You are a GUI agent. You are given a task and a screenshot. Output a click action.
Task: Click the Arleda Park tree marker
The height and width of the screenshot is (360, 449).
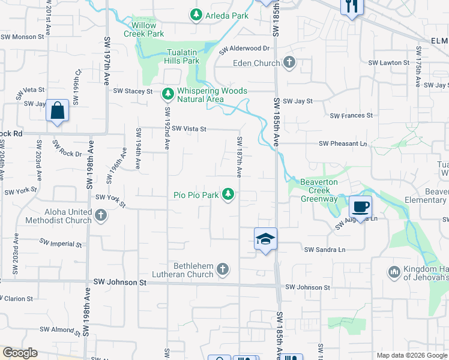pos(196,14)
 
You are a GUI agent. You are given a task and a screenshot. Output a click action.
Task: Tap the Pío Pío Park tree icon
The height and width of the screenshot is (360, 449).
pos(228,194)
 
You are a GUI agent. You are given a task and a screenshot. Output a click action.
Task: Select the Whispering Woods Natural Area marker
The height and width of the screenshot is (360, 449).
pos(167,94)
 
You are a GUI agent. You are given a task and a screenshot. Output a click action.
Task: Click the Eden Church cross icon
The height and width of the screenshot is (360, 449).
pos(289,62)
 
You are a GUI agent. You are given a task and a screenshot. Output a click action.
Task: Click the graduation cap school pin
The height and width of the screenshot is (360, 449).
pos(265,239)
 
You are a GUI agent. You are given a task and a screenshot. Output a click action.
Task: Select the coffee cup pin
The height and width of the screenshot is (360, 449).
pos(360,207)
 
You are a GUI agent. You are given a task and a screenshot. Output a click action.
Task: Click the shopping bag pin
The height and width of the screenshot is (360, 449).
pos(57,111)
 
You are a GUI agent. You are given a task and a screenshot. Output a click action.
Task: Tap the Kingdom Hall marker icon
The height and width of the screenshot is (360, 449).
pos(394,272)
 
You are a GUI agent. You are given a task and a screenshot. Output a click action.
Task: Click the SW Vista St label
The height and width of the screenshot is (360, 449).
pos(189,128)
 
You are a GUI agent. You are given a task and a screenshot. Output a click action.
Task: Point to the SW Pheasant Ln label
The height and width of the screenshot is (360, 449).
pos(343,143)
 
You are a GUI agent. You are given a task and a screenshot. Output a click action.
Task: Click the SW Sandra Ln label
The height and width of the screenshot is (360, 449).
pos(325,250)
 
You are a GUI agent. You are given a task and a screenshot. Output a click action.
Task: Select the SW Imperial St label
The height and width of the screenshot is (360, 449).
pos(61,243)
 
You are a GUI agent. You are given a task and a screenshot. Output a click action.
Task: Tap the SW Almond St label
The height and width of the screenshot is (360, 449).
pos(60,329)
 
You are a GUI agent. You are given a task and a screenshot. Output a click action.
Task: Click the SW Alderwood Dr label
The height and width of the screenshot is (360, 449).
pos(245,48)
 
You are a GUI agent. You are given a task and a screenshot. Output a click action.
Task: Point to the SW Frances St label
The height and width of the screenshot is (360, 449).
pos(351,115)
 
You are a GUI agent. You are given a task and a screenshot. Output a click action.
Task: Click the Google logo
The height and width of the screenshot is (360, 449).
pos(20,353)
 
